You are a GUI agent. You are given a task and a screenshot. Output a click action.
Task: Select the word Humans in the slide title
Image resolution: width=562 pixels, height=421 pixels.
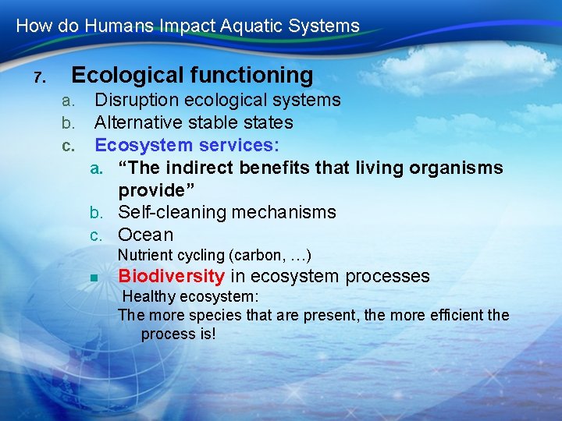(108, 26)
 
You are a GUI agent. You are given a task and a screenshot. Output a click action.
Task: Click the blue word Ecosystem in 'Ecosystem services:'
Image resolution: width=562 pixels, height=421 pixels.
(144, 145)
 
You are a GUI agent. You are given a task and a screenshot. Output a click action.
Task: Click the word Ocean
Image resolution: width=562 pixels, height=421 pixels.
(145, 235)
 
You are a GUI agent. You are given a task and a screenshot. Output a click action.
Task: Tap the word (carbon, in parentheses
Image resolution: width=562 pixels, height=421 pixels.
(251, 256)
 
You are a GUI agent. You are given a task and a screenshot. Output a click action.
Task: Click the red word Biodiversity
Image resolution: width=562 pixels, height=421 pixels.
(172, 276)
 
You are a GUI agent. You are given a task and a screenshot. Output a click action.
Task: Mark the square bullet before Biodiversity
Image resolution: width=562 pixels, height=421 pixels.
(92, 278)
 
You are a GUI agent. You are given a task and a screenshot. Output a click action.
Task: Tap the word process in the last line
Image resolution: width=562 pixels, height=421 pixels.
(165, 334)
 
